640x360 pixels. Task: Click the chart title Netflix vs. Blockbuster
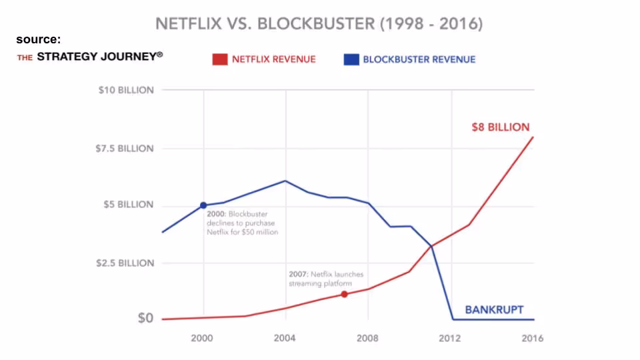319,24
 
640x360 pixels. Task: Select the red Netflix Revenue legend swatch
220,59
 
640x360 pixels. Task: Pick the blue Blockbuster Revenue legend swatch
351,59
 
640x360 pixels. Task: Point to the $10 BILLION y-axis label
125,90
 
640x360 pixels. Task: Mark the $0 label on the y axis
145,318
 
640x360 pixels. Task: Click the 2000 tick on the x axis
202,338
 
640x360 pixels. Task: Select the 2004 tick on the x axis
285,338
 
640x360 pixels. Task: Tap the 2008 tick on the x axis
368,338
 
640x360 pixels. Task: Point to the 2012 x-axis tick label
451,338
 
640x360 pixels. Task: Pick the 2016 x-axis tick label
533,338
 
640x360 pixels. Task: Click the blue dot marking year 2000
203,205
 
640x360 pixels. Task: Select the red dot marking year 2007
344,294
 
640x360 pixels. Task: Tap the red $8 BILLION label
500,127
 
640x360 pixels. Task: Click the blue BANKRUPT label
494,309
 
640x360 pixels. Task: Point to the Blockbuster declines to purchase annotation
242,223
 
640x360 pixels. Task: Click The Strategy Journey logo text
90,57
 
